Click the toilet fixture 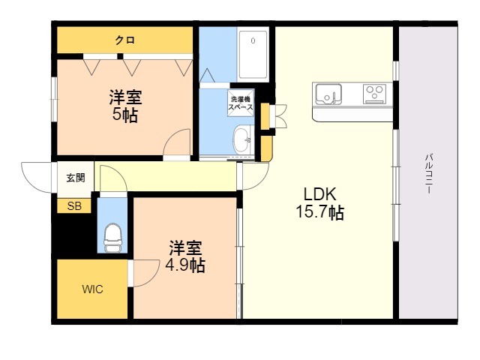coord(113,238)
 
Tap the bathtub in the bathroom coord(253,55)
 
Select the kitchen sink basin coord(328,94)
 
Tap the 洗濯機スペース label coord(241,103)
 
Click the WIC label coord(92,289)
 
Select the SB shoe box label coord(74,206)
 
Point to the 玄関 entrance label coord(76,178)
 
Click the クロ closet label coord(125,40)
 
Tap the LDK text coord(320,193)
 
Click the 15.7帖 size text coord(320,212)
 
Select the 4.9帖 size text coord(185,265)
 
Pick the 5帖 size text coord(125,115)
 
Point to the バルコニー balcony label coord(428,173)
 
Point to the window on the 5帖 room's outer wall coord(54,99)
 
